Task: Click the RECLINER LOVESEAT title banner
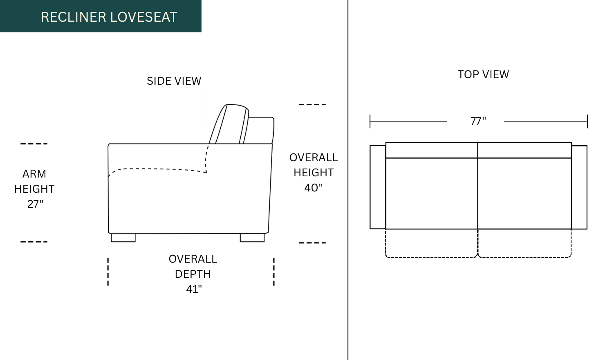click(101, 16)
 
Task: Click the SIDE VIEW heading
click(174, 81)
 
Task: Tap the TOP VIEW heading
click(483, 74)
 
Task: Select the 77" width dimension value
click(478, 121)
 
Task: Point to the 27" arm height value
click(35, 204)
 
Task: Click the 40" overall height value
click(313, 187)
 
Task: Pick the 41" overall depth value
click(194, 289)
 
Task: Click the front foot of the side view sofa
click(123, 238)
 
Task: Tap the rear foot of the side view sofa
click(252, 238)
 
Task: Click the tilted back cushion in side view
click(229, 124)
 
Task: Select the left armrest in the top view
click(378, 187)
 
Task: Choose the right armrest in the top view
click(579, 187)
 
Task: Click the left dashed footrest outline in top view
click(431, 243)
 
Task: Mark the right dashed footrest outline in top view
click(524, 243)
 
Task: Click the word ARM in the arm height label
click(34, 174)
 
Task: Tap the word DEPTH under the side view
click(193, 274)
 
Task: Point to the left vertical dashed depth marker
click(108, 272)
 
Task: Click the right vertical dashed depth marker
click(274, 272)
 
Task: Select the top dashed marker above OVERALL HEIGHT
click(312, 104)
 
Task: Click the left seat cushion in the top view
click(432, 193)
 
